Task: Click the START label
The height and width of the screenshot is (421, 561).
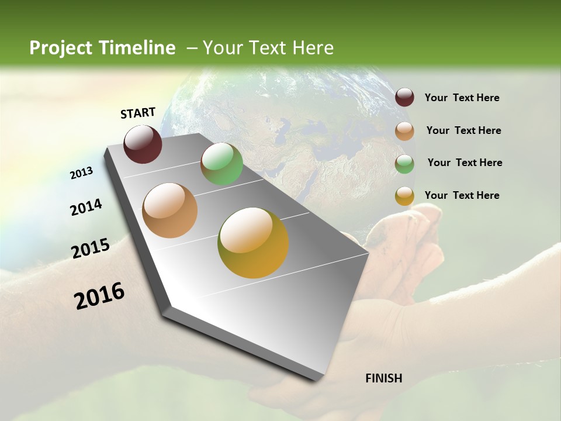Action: [x=138, y=113]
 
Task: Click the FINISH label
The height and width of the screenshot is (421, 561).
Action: [x=383, y=378]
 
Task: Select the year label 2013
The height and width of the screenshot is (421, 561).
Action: [x=82, y=173]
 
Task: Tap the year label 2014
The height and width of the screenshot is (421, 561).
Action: [x=86, y=208]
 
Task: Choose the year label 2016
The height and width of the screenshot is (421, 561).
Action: [x=99, y=295]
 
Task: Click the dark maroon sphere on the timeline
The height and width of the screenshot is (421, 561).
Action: [x=143, y=144]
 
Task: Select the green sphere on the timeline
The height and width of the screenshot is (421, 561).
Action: [x=221, y=164]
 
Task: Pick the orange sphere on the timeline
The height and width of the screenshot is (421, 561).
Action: [x=170, y=210]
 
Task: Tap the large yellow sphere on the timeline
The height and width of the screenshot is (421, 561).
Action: [x=253, y=243]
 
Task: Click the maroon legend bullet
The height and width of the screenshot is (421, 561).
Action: [x=404, y=98]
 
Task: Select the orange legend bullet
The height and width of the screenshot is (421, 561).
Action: [x=404, y=130]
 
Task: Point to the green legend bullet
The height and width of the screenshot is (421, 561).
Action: [x=404, y=163]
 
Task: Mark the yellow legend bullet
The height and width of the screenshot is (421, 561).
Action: [x=404, y=196]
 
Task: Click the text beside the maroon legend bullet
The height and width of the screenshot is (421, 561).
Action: [x=462, y=98]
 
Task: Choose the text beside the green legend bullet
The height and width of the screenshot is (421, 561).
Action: [x=465, y=163]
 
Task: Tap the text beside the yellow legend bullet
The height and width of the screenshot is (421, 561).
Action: [x=462, y=195]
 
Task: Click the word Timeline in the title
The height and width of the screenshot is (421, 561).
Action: [x=137, y=48]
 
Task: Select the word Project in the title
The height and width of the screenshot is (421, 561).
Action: [x=60, y=48]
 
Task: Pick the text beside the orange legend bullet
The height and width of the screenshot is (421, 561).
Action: [x=463, y=130]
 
